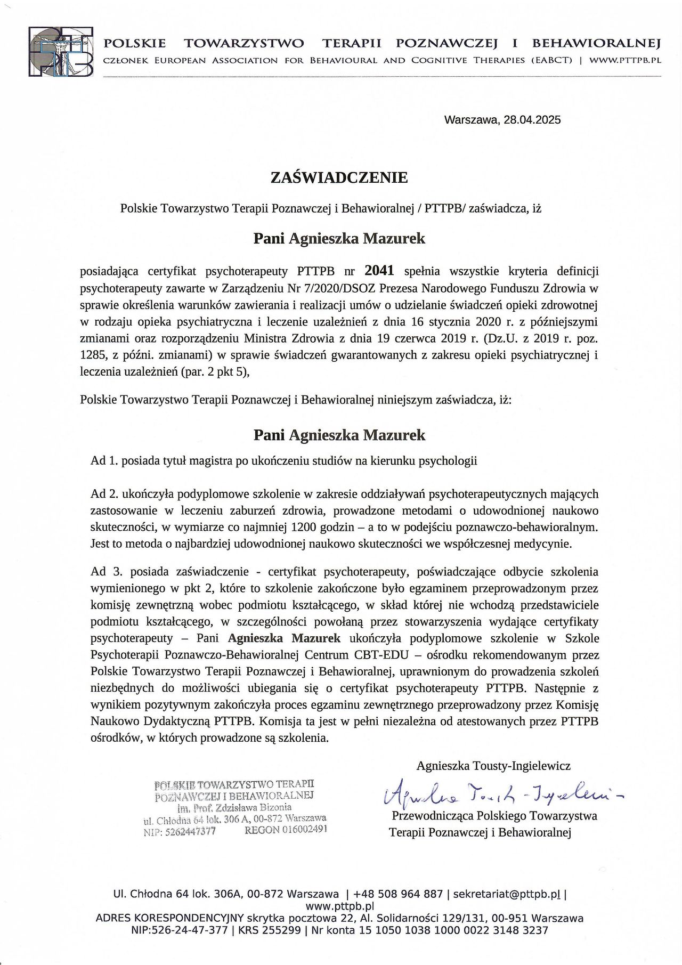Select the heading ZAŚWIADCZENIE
click(x=339, y=177)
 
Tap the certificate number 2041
click(x=379, y=271)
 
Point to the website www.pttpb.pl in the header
click(x=624, y=61)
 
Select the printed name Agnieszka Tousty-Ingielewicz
click(x=493, y=766)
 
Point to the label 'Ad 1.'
click(x=104, y=461)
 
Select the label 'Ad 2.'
click(x=104, y=494)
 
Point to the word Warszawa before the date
click(x=471, y=120)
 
